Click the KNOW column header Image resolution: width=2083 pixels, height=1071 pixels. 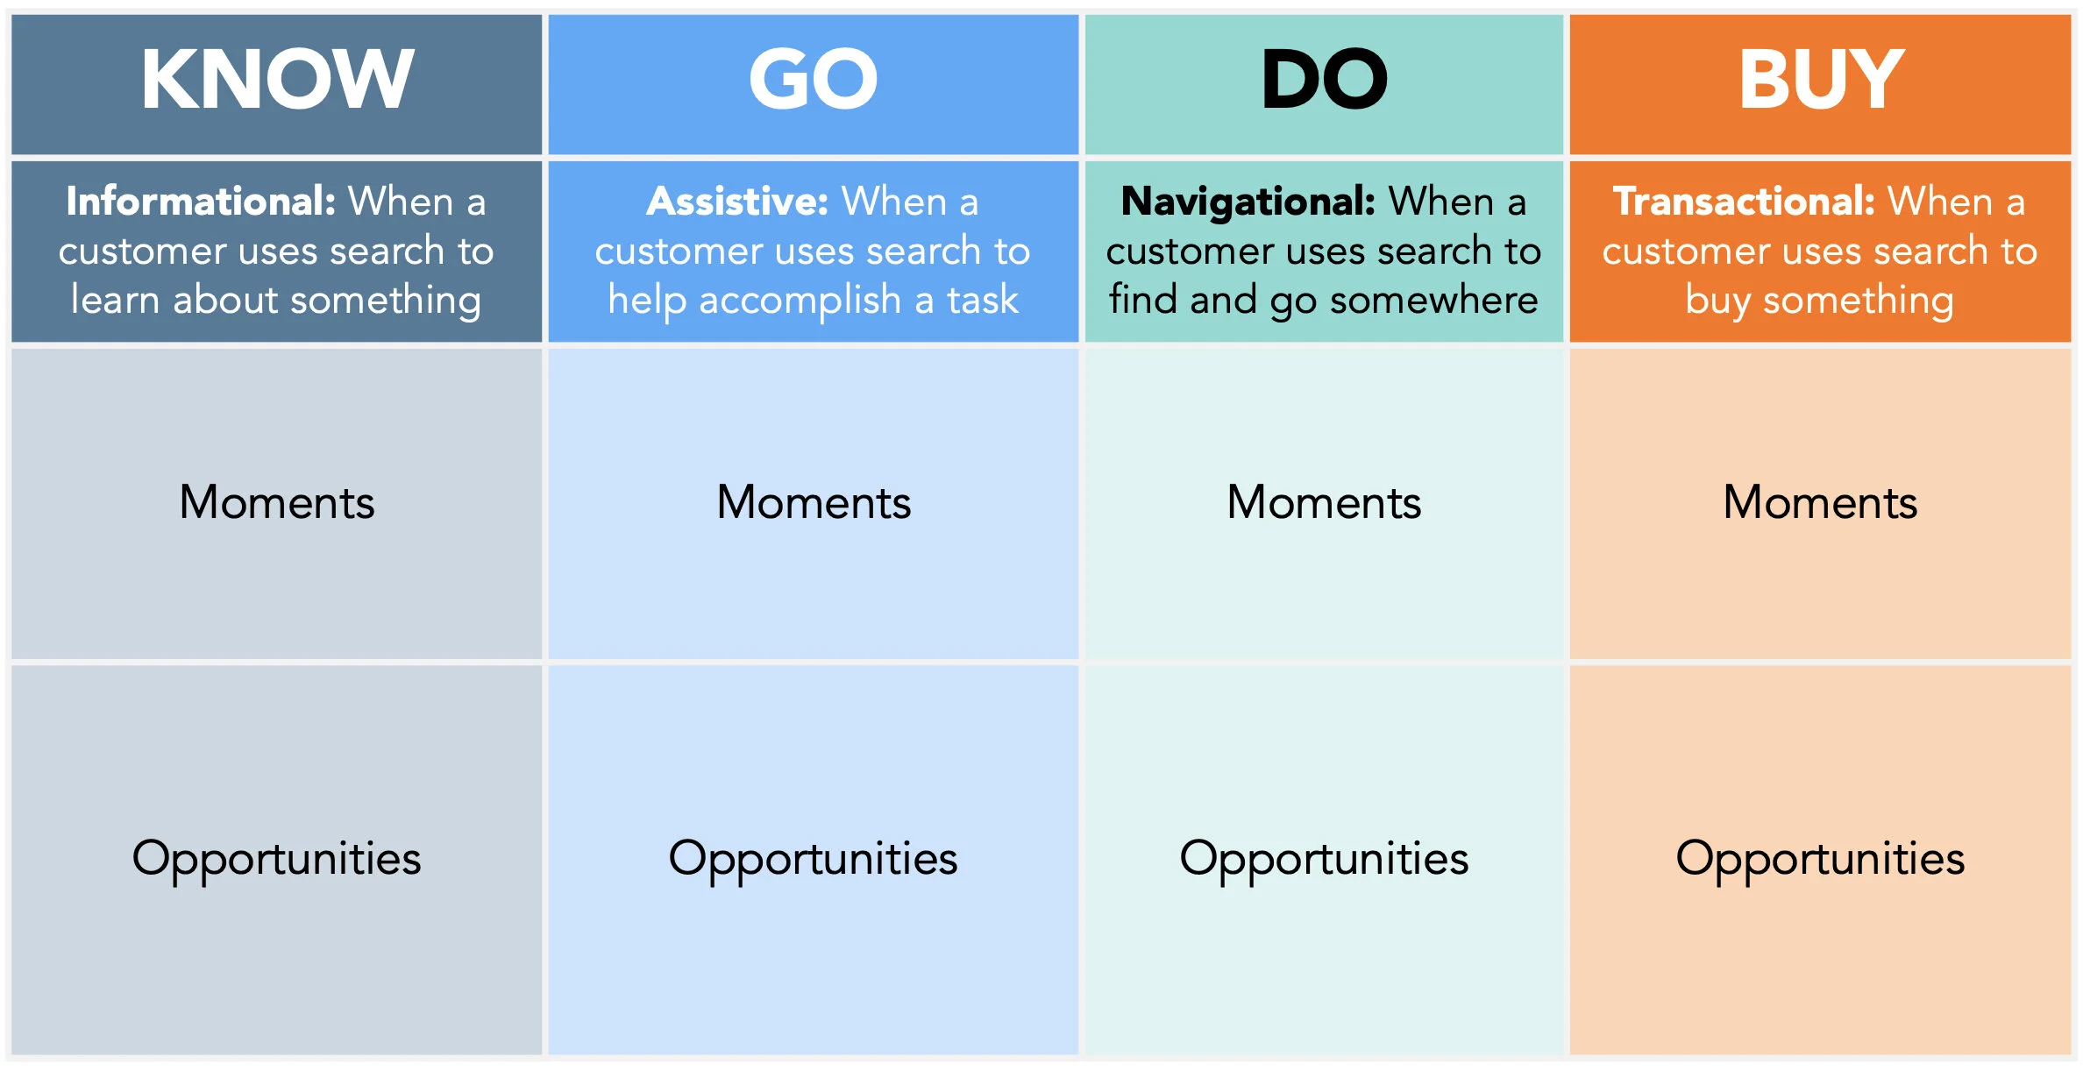pos(277,80)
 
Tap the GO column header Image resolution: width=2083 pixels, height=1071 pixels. pos(813,80)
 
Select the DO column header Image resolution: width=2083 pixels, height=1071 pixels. pos(1324,80)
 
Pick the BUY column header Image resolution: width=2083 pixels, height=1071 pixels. pos(1821,80)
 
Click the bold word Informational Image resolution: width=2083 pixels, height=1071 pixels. pos(201,202)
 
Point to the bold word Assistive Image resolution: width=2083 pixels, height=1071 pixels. pos(737,202)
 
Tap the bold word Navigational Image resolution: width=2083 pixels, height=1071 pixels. pos(1248,202)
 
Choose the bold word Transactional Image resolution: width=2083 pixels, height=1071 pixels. pos(1744,202)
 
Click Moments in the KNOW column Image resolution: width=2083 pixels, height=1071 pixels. pos(277,502)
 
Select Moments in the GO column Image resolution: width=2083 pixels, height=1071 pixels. pos(814,502)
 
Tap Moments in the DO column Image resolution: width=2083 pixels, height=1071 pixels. pos(1324,502)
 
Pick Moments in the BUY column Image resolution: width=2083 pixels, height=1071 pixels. pos(1820,502)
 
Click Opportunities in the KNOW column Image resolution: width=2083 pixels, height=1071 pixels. pos(277,859)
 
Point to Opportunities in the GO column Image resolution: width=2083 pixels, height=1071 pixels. pos(814,859)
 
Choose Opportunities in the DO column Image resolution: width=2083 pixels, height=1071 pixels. pos(1324,859)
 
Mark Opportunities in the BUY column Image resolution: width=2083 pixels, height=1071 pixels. pos(1820,859)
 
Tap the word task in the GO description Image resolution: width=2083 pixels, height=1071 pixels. pos(983,300)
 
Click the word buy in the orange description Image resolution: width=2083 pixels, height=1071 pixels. pos(1717,301)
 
